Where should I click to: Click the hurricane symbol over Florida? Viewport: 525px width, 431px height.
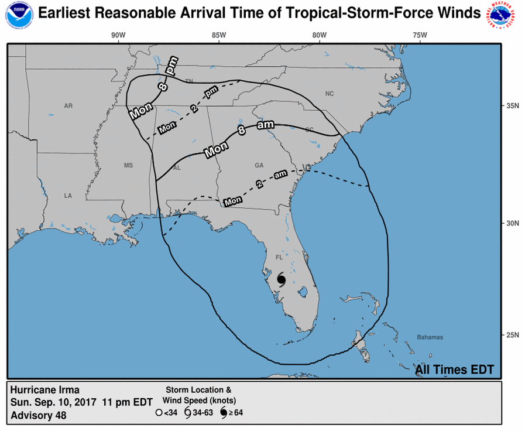pyautogui.click(x=280, y=279)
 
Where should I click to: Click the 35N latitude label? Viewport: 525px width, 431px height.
pyautogui.click(x=513, y=106)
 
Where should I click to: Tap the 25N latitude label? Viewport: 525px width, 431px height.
pyautogui.click(x=513, y=335)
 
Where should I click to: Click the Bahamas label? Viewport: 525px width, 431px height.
pyautogui.click(x=430, y=337)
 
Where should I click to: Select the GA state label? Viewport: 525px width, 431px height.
pyautogui.click(x=259, y=166)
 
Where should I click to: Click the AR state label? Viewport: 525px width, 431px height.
pyautogui.click(x=68, y=106)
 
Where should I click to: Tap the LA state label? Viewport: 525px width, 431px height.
pyautogui.click(x=68, y=196)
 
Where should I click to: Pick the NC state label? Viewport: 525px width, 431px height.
pyautogui.click(x=329, y=94)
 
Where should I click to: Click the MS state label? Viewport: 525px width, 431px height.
pyautogui.click(x=128, y=166)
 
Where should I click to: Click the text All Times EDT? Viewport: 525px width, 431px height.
pyautogui.click(x=454, y=370)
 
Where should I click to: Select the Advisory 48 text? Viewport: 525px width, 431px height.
pyautogui.click(x=38, y=415)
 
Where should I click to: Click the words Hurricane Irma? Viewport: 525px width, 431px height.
pyautogui.click(x=44, y=390)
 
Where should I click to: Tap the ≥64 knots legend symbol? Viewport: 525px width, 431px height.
pyautogui.click(x=223, y=412)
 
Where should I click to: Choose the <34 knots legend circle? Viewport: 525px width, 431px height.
pyautogui.click(x=158, y=412)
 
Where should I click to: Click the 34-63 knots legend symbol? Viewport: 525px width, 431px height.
pyautogui.click(x=187, y=412)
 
